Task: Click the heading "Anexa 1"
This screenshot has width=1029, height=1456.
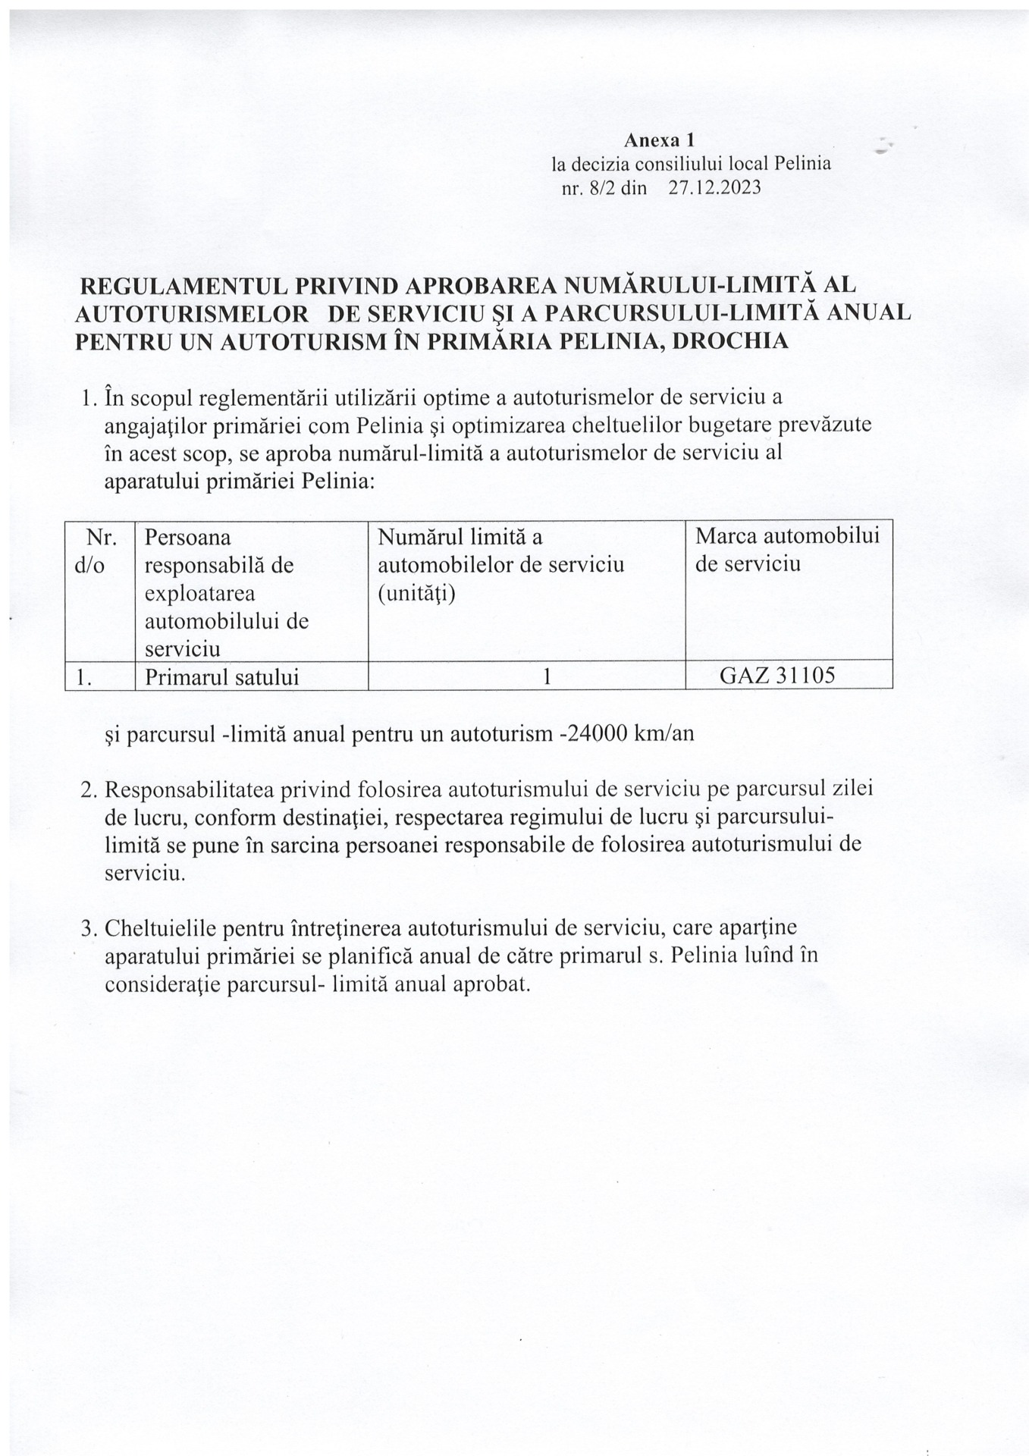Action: click(x=659, y=140)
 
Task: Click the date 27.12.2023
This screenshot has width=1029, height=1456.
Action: click(x=714, y=188)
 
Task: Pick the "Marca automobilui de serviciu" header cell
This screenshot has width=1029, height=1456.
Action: click(x=787, y=550)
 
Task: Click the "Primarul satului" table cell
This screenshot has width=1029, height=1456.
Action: click(x=221, y=677)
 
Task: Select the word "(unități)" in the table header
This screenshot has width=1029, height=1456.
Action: click(x=416, y=593)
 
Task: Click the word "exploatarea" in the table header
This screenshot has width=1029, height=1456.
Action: click(x=200, y=593)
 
